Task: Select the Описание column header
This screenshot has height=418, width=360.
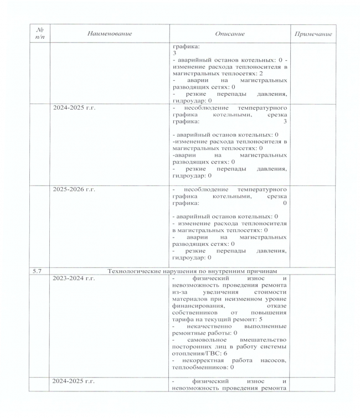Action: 229,34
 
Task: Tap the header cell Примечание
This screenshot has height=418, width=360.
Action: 313,34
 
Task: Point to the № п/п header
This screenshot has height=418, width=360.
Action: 38,34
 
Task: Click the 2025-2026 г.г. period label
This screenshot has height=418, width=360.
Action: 74,189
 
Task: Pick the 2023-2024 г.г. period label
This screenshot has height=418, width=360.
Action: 74,278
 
